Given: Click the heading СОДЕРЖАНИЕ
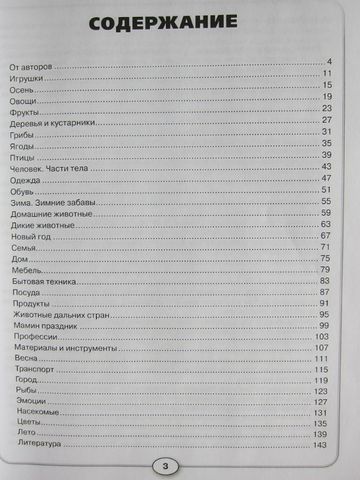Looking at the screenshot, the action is pyautogui.click(x=163, y=24).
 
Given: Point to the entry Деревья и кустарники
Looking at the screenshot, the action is pyautogui.click(x=53, y=123).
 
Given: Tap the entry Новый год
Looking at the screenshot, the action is pyautogui.click(x=32, y=238).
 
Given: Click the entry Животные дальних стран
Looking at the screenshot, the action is pyautogui.click(x=61, y=316).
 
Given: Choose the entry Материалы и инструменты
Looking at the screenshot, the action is pyautogui.click(x=65, y=348).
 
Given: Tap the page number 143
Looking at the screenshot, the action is pyautogui.click(x=320, y=445).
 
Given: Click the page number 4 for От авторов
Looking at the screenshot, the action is pyautogui.click(x=329, y=61).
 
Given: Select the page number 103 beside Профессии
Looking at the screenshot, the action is pyautogui.click(x=321, y=337).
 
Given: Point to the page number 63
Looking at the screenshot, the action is pyautogui.click(x=325, y=224).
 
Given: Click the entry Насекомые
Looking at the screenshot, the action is pyautogui.click(x=39, y=412).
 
